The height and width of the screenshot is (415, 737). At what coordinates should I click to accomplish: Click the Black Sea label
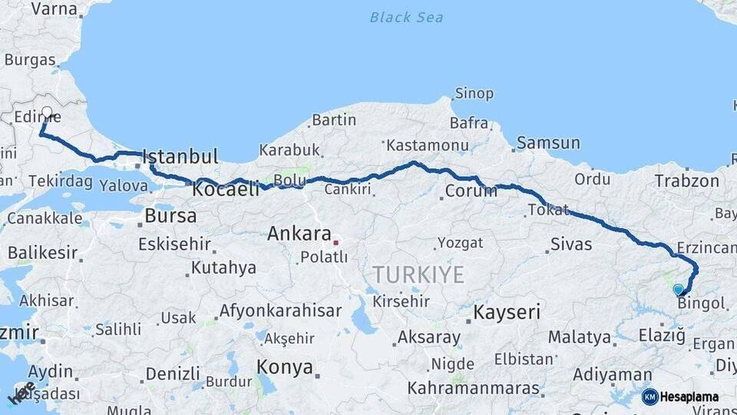tap(406, 17)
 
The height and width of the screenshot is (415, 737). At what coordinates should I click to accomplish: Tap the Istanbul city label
tap(181, 157)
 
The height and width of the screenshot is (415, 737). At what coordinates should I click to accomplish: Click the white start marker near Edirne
tap(47, 113)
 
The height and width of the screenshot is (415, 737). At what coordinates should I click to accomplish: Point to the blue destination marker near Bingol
tap(678, 290)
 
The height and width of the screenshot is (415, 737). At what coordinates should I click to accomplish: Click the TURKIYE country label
tap(418, 275)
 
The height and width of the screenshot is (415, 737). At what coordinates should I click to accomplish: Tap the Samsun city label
tap(548, 143)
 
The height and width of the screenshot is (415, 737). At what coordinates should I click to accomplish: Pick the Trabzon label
tap(687, 181)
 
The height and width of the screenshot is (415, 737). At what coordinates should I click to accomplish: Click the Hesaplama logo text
tap(689, 397)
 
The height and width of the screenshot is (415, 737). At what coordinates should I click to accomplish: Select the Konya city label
tap(285, 367)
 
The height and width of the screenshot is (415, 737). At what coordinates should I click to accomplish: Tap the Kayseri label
tap(507, 313)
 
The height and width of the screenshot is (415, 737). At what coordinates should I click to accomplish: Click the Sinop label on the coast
tap(474, 94)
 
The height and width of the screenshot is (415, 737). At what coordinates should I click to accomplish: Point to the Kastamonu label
tap(428, 145)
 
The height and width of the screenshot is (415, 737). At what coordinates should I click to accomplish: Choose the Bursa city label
tap(170, 216)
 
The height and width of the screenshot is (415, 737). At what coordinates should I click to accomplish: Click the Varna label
tap(54, 9)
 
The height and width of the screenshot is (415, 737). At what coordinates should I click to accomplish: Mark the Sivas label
tap(571, 244)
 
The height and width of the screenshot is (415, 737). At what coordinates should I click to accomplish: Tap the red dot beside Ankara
tap(335, 242)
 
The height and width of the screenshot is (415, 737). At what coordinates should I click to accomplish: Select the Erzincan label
tap(706, 248)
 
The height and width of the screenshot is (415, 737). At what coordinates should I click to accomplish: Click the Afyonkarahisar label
tap(280, 311)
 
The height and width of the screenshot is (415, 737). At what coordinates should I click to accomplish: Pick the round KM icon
tap(649, 397)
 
